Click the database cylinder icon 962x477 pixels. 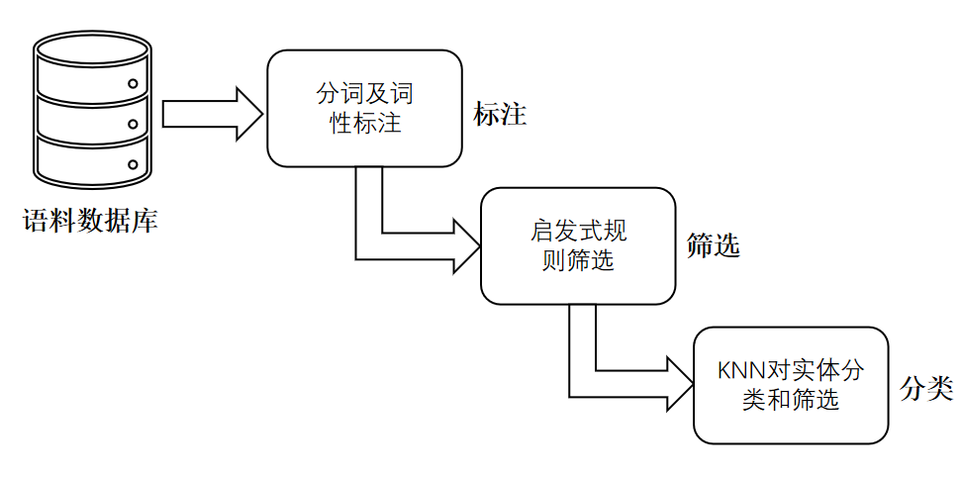click(x=92, y=114)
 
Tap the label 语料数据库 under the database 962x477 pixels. click(x=91, y=220)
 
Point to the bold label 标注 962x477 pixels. click(x=500, y=115)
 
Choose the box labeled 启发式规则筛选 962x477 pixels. click(x=578, y=246)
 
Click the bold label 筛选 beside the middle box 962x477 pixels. click(x=713, y=246)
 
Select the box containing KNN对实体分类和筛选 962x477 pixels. click(x=791, y=385)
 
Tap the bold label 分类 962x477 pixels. click(x=926, y=389)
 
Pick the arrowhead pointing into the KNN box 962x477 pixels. click(x=679, y=385)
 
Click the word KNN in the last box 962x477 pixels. click(x=736, y=372)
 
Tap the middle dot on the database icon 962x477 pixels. click(x=133, y=125)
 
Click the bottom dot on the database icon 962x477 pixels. click(x=133, y=164)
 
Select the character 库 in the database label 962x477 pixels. click(x=145, y=220)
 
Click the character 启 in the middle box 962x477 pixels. click(x=540, y=233)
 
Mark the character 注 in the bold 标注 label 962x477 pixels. click(x=514, y=115)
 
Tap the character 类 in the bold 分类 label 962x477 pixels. click(x=940, y=389)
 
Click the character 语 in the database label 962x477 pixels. click(x=37, y=220)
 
